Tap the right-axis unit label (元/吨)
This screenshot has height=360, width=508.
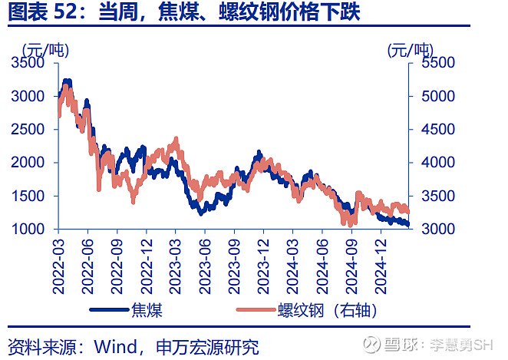tap(409, 51)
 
